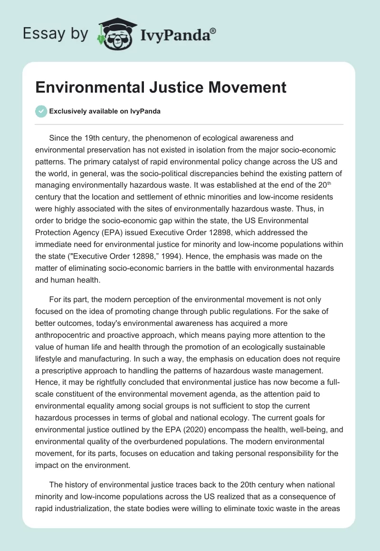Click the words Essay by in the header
[56, 34]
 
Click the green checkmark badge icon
[41, 111]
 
